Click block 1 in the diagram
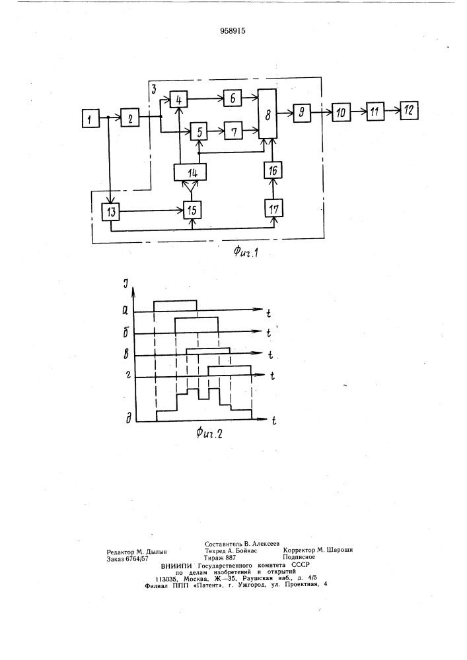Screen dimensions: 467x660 pos(90,118)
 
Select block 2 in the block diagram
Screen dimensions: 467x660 pos(130,118)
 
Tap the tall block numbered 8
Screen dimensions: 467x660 pos(268,114)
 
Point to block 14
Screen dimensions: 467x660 pos(191,172)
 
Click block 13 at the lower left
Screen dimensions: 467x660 pos(111,211)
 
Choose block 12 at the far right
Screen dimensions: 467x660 pos(408,110)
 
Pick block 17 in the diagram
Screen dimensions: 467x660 pos(273,209)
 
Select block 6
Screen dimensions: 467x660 pos(233,98)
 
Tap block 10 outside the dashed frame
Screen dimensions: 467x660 pos(341,112)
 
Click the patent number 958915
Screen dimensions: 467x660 pos(233,31)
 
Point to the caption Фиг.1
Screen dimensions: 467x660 pos(246,253)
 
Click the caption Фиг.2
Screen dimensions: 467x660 pos(209,433)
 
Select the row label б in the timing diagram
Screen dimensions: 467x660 pos(126,333)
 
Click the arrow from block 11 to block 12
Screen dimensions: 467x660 pos(392,111)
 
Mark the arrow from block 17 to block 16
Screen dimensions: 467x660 pos(273,189)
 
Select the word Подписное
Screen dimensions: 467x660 pos(299,557)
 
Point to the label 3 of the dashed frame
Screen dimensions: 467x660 pos(154,88)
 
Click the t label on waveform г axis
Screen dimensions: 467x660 pos(272,376)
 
